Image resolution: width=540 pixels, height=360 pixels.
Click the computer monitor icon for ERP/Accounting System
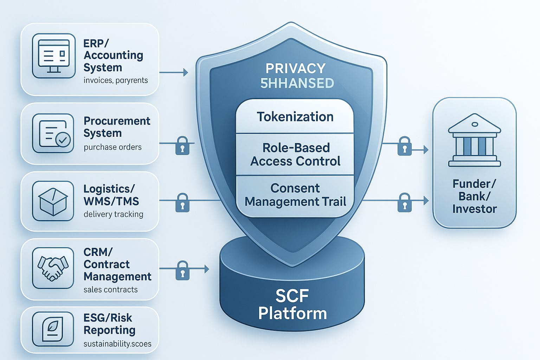pyautogui.click(x=53, y=56)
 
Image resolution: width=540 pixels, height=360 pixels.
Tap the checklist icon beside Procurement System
pyautogui.click(x=53, y=133)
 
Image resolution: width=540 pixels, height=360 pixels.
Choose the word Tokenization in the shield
pyautogui.click(x=295, y=117)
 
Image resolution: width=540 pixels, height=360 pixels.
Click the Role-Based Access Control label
pyautogui.click(x=295, y=154)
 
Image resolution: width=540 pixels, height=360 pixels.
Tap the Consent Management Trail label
pyautogui.click(x=295, y=195)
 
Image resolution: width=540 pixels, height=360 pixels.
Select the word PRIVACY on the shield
pyautogui.click(x=295, y=68)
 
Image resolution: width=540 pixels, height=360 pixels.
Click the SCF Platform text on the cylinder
pyautogui.click(x=292, y=304)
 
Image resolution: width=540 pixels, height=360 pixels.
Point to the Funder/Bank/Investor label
pyautogui.click(x=474, y=196)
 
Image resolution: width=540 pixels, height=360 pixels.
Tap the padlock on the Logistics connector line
pyautogui.click(x=182, y=202)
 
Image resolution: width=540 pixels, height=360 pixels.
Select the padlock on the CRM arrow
pyautogui.click(x=182, y=270)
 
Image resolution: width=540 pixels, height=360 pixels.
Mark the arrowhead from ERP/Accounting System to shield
pyautogui.click(x=186, y=73)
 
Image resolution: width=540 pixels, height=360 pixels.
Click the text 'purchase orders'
pyautogui.click(x=112, y=147)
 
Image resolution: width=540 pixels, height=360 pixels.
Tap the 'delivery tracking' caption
pyautogui.click(x=113, y=214)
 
